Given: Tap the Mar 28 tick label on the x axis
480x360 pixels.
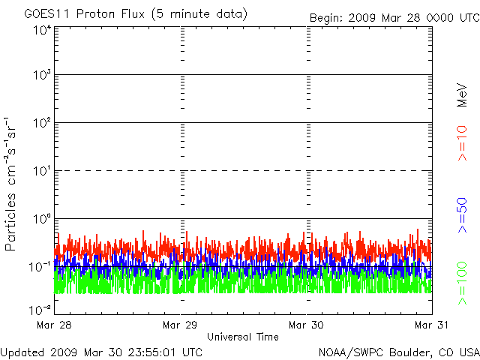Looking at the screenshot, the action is [54, 325].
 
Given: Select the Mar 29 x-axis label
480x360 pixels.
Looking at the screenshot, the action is [180, 325].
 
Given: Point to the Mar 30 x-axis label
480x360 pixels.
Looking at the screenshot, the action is [306, 325].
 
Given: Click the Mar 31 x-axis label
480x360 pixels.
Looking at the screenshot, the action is [431, 325].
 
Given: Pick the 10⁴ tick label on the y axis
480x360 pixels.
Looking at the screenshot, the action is [42, 31].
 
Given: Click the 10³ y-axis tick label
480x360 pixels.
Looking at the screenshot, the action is [42, 75].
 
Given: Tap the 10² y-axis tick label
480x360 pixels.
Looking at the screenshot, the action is [42, 123].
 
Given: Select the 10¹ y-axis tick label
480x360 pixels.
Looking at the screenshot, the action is [42, 171].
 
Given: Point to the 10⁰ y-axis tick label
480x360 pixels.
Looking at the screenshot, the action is [42, 219].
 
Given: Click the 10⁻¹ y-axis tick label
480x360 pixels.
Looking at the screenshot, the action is [40, 267].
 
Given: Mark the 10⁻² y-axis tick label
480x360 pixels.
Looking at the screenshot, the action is [40, 310].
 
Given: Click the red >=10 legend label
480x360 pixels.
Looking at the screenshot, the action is [462, 143].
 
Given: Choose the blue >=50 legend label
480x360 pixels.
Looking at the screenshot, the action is [462, 215].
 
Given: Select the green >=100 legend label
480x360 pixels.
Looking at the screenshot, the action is [462, 283].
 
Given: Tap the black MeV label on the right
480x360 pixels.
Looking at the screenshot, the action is [462, 95].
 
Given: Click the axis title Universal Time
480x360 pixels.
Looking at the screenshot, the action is [243, 337].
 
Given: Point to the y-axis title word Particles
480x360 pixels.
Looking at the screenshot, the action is [10, 222].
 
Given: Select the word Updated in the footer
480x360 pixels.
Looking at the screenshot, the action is [22, 352].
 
